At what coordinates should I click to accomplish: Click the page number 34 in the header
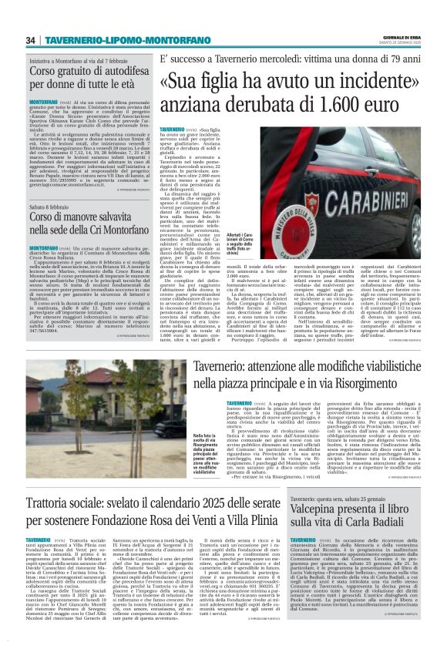click(31, 40)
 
